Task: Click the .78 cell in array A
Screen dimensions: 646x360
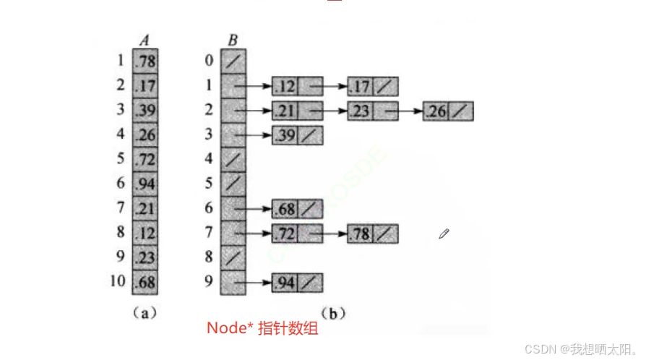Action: [x=145, y=61]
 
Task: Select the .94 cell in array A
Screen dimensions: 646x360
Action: [x=145, y=184]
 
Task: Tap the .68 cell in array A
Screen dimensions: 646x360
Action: [x=145, y=282]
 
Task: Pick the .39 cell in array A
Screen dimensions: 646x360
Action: [x=145, y=110]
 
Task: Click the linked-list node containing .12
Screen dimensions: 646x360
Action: [x=297, y=87]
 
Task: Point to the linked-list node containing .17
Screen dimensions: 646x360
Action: [x=372, y=87]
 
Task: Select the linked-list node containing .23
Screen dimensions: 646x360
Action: [x=372, y=112]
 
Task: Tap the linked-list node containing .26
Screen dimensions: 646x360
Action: [x=448, y=112]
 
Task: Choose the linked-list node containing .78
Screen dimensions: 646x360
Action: [x=372, y=234]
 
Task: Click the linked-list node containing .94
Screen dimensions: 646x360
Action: [x=297, y=283]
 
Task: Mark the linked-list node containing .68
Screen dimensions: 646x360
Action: [x=297, y=210]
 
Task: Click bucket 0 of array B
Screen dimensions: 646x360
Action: [x=233, y=61]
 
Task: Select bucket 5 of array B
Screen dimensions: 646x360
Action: [x=233, y=184]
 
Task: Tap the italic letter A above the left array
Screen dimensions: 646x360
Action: [x=145, y=40]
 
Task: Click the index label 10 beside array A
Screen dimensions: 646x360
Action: [x=118, y=282]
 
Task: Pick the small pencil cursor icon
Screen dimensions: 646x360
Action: [x=444, y=233]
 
